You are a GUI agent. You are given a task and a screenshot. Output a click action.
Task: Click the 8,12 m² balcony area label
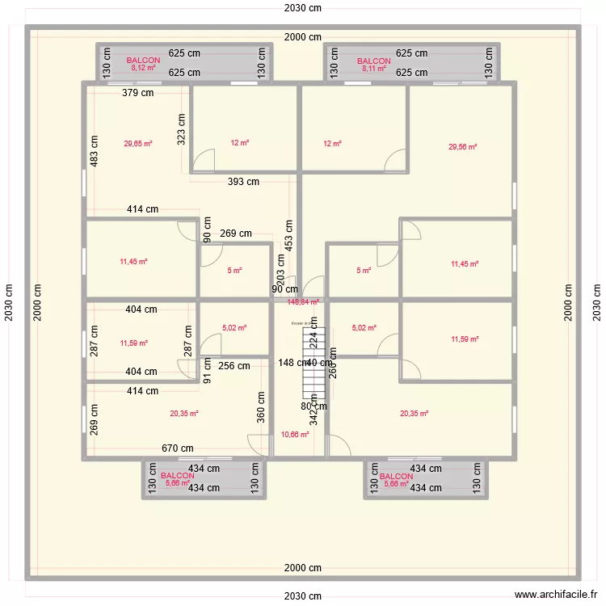144,69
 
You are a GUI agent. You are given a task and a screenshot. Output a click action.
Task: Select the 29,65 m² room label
138,144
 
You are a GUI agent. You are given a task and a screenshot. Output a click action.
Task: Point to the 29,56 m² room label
463,147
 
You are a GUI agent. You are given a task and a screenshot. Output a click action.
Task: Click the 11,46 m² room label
133,262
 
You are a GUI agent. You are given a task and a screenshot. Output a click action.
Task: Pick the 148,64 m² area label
303,302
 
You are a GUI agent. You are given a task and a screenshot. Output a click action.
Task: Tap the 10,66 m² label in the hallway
294,435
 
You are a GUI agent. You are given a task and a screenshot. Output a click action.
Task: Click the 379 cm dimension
138,93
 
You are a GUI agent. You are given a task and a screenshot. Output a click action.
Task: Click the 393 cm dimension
243,182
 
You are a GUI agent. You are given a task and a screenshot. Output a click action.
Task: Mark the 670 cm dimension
177,448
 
